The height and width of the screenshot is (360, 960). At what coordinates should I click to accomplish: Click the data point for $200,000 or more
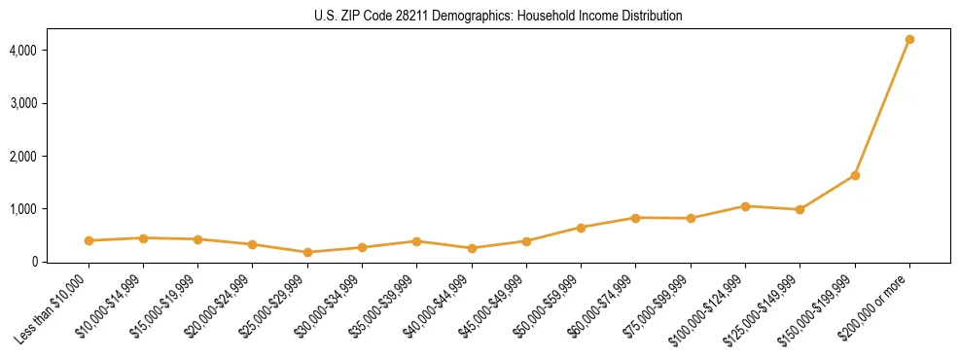(909, 40)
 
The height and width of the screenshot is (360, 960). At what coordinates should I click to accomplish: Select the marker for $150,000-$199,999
(855, 175)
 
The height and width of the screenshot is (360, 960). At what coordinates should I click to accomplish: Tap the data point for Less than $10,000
(89, 240)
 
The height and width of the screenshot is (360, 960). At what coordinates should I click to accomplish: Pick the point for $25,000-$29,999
(307, 252)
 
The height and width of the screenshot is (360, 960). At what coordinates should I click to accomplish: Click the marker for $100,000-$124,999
(745, 206)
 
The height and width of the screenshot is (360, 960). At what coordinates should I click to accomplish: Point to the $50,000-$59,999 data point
(581, 228)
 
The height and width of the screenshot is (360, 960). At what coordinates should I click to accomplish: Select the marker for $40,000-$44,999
(472, 248)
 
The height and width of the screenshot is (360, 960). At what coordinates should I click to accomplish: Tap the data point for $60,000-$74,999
(636, 218)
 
